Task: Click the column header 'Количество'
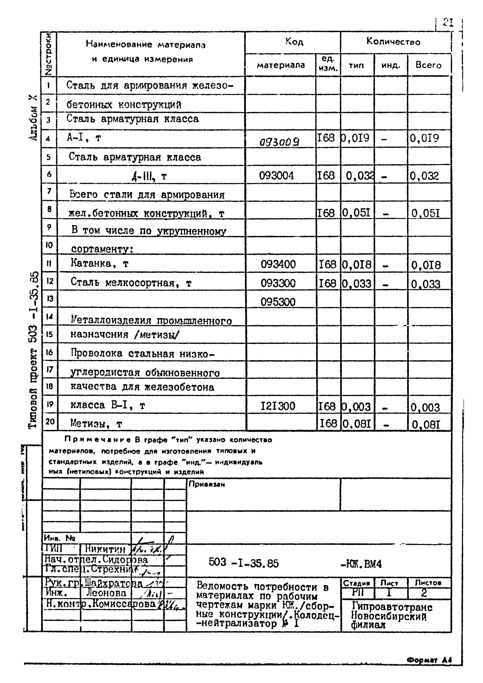[x=393, y=42]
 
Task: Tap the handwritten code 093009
[x=280, y=142]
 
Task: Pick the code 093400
[x=278, y=264]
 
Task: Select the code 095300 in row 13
[x=278, y=302]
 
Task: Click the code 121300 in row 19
[x=278, y=406]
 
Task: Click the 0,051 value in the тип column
[x=356, y=213]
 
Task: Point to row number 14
[x=49, y=317]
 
